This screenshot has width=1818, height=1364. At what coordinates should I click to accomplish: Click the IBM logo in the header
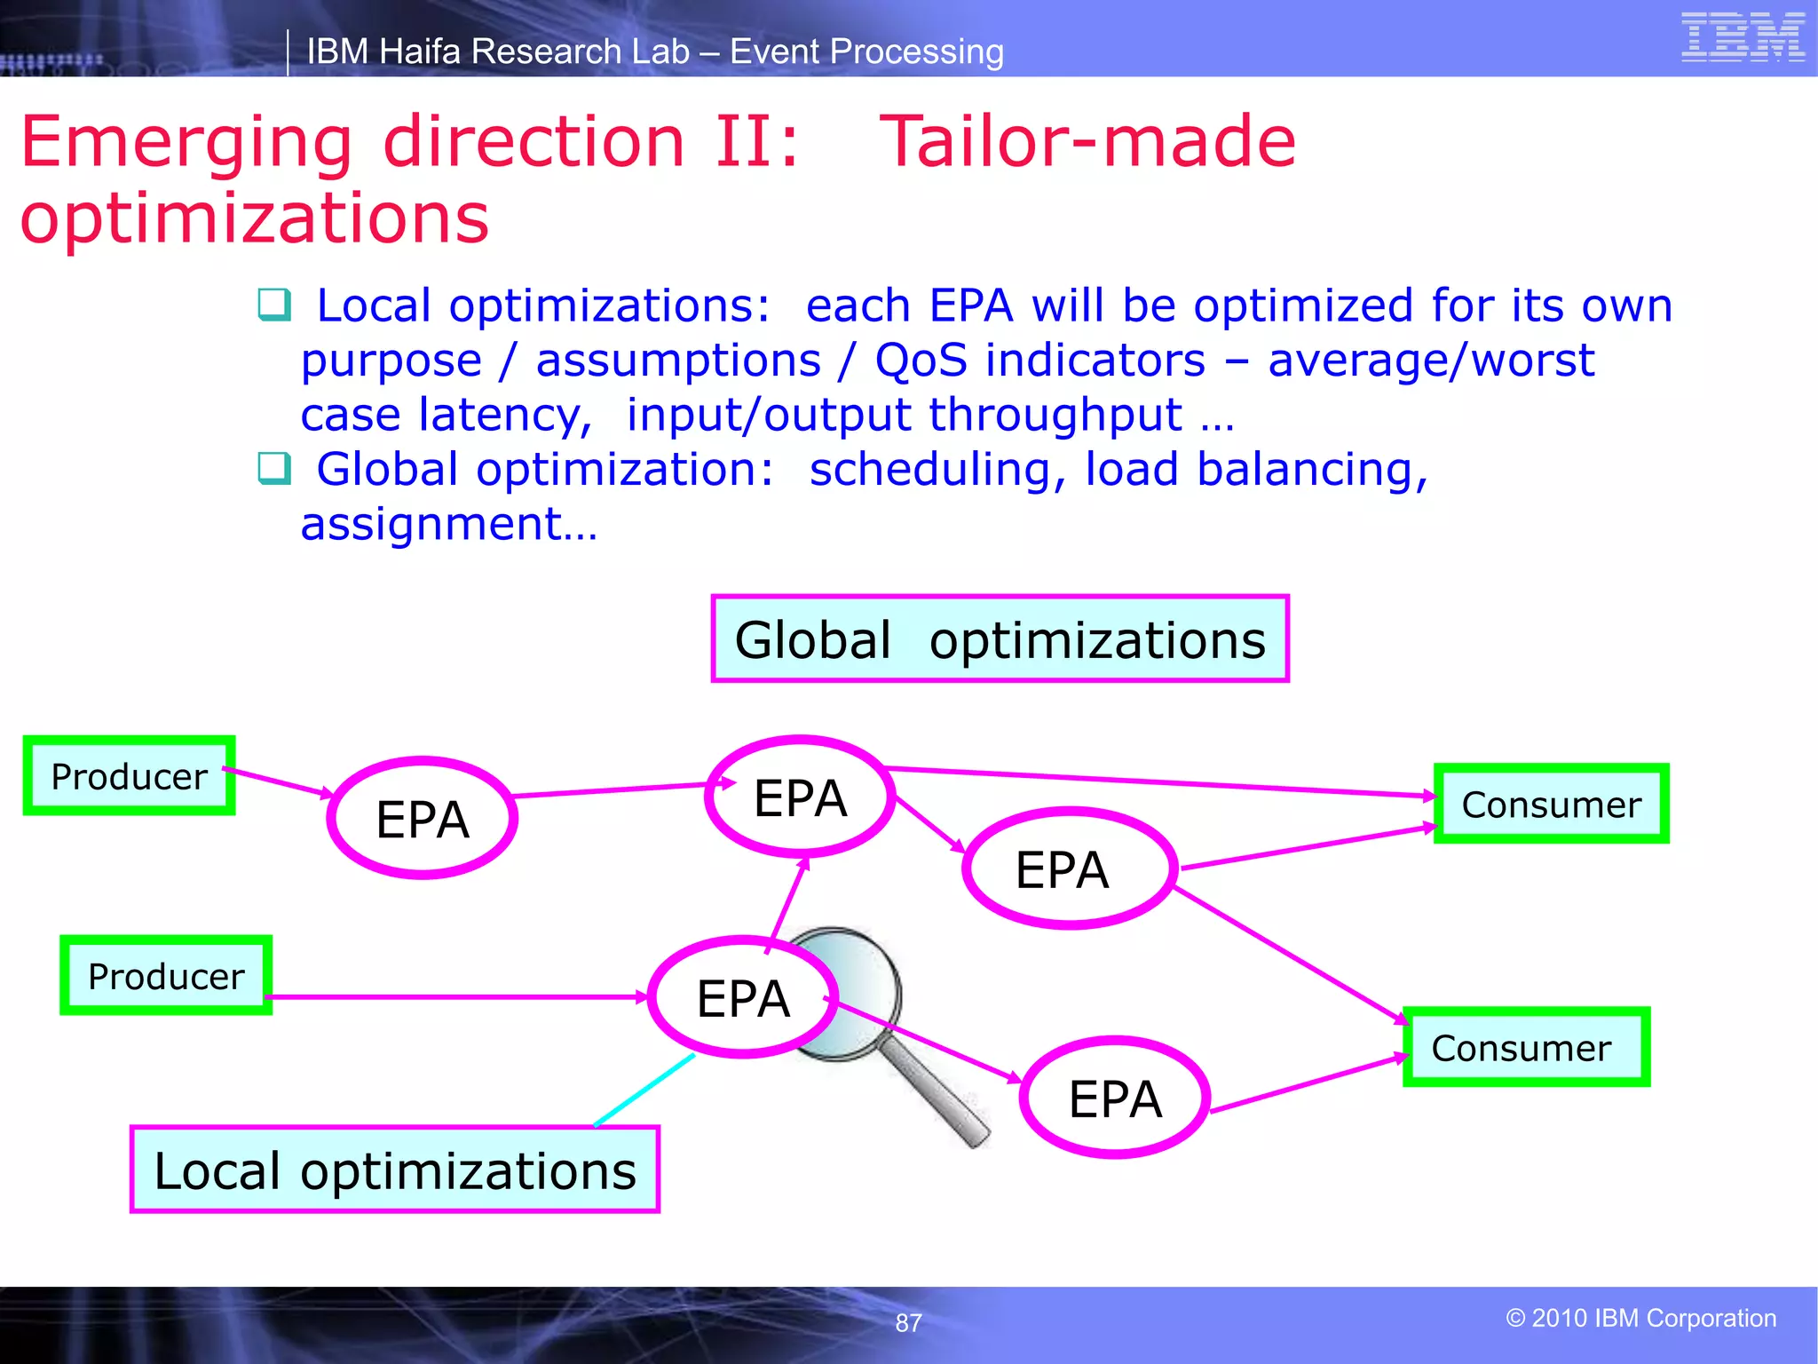click(1742, 37)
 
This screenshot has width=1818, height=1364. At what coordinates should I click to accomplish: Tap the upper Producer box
click(129, 776)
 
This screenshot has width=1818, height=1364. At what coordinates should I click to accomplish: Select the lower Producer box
click(166, 976)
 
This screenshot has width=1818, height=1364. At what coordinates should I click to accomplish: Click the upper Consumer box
click(1551, 805)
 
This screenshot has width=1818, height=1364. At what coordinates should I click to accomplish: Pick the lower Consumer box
click(1525, 1048)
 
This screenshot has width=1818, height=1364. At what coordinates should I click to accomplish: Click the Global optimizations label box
click(1000, 639)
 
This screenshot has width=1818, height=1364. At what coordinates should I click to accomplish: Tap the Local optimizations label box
click(395, 1170)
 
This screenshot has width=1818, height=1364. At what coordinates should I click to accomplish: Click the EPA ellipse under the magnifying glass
click(742, 998)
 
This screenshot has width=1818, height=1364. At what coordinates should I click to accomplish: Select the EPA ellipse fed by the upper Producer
click(422, 819)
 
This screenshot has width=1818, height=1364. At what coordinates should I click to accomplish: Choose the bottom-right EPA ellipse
click(1115, 1098)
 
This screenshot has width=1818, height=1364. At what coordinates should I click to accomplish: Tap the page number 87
click(908, 1323)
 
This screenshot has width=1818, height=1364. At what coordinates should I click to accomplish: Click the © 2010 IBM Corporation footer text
click(1640, 1318)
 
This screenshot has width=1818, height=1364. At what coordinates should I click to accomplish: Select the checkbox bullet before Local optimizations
click(273, 305)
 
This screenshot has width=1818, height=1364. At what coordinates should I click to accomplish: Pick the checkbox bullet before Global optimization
click(273, 468)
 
